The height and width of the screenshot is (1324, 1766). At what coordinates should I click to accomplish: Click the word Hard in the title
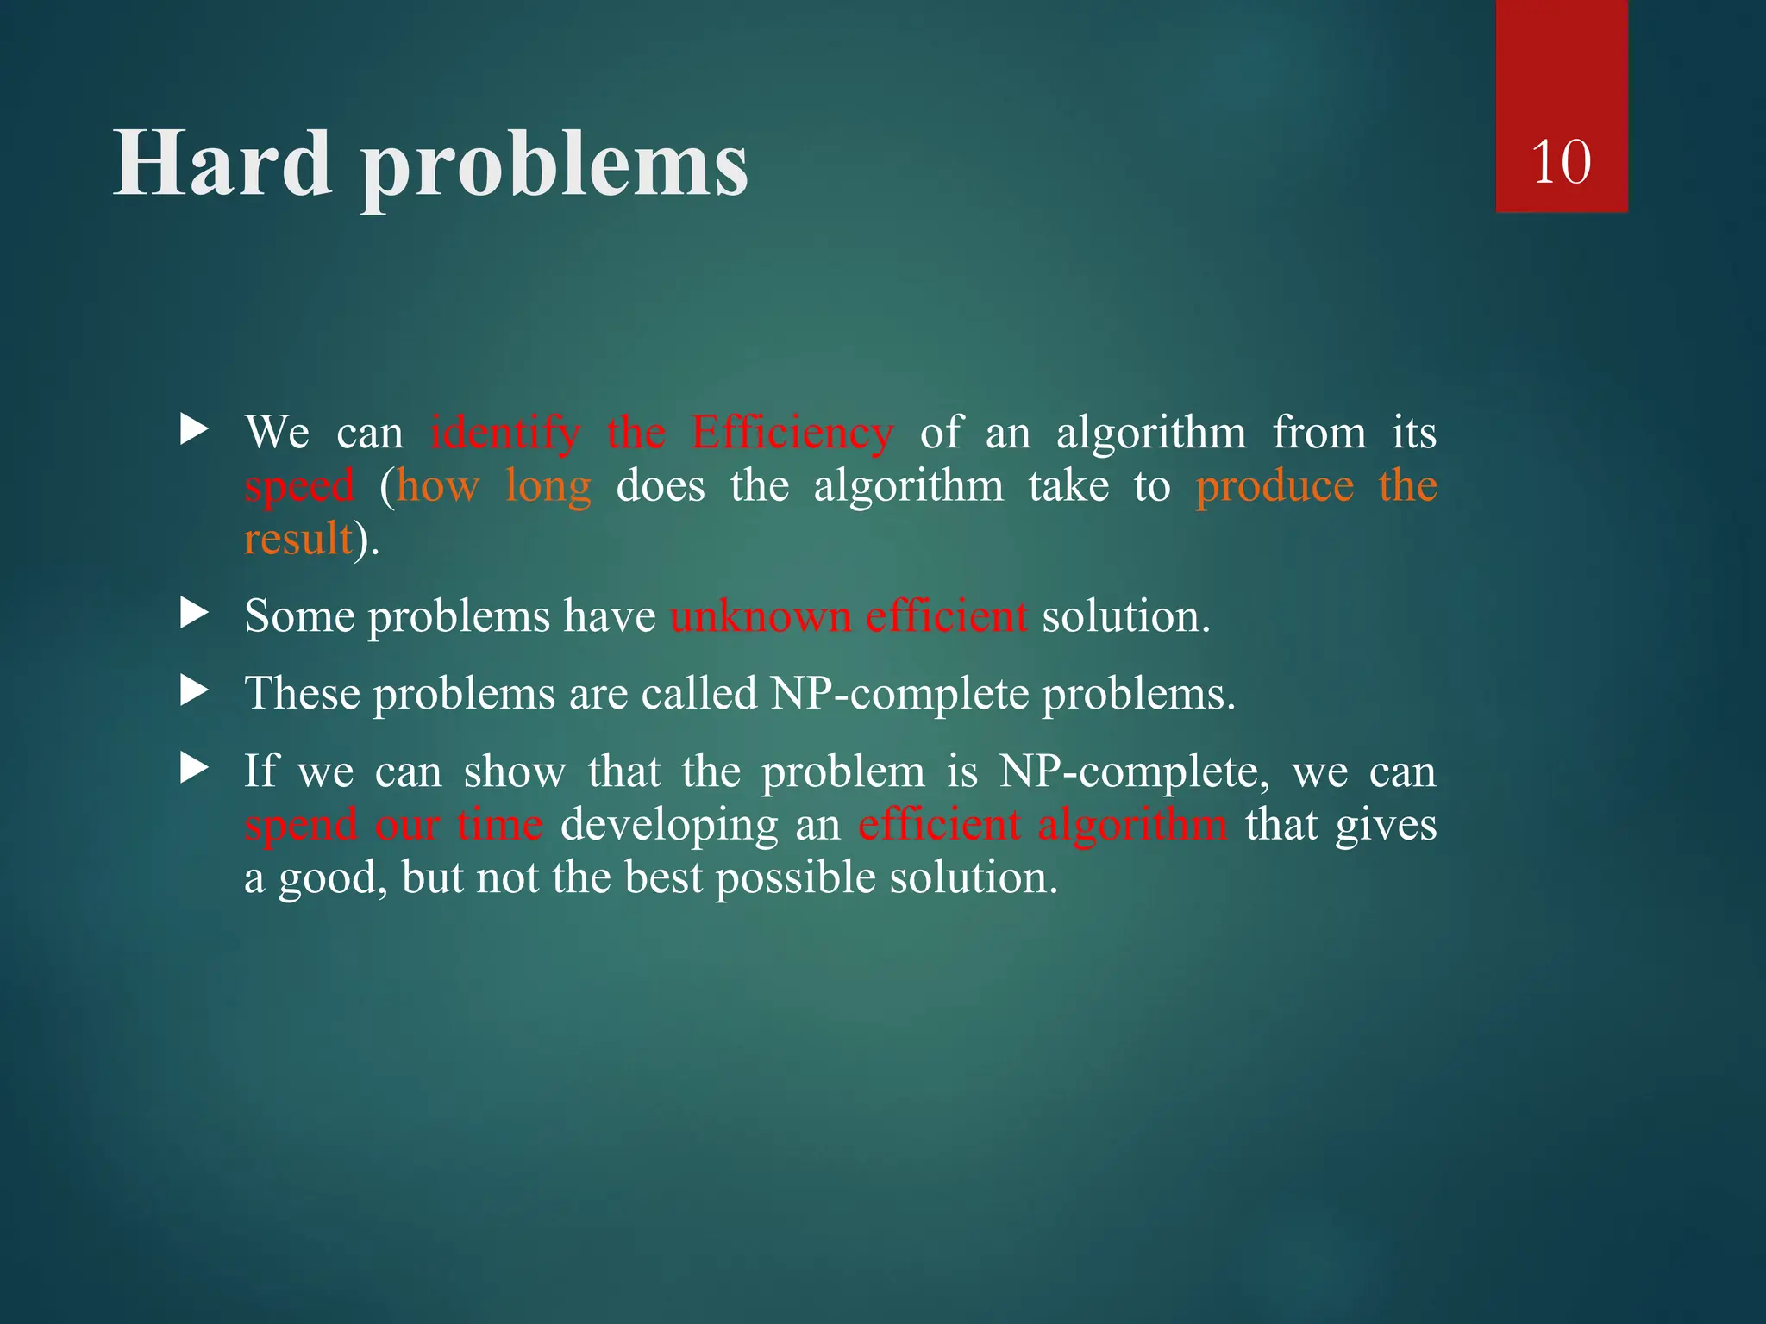tap(222, 164)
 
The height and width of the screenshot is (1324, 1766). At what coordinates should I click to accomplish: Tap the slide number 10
tap(1561, 162)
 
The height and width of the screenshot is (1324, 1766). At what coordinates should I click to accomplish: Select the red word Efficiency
tap(792, 434)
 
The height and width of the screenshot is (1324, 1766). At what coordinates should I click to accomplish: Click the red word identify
tap(505, 434)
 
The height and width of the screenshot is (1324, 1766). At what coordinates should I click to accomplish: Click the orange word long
tap(548, 486)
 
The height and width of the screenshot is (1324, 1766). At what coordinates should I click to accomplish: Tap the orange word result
tap(298, 540)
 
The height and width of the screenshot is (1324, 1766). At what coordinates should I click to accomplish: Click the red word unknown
tap(761, 617)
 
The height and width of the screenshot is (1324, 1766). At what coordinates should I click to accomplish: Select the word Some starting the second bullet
tap(299, 617)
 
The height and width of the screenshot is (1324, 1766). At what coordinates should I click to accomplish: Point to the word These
tap(302, 694)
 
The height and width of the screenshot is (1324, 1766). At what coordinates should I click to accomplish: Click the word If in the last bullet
tap(261, 771)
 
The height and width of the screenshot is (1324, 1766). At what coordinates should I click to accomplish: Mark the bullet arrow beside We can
tap(194, 429)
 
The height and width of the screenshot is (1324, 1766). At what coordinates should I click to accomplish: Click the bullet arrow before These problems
tap(194, 691)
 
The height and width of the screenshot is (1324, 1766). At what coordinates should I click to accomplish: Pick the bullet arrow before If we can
tap(194, 768)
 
